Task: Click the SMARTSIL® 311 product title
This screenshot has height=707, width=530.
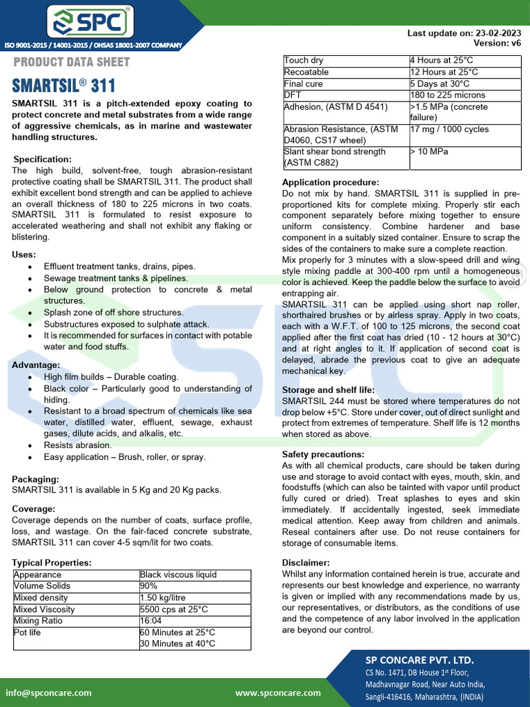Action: pyautogui.click(x=63, y=86)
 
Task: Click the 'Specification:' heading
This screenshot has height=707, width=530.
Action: pyautogui.click(x=42, y=159)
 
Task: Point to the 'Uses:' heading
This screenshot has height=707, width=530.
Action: pyautogui.click(x=24, y=255)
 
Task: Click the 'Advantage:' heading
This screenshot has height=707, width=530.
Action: pyautogui.click(x=36, y=365)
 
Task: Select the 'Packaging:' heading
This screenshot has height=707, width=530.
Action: pyautogui.click(x=35, y=478)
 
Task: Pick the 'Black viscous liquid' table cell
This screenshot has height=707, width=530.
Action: pyautogui.click(x=178, y=574)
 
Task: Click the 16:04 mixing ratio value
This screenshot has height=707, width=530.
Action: pyautogui.click(x=151, y=621)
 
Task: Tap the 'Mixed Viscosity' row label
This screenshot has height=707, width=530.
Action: pyautogui.click(x=44, y=610)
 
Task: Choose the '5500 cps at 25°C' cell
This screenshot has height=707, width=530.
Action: pyautogui.click(x=174, y=610)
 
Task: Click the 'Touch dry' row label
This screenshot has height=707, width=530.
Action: pyautogui.click(x=304, y=61)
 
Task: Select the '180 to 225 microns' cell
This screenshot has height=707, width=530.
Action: pyautogui.click(x=448, y=95)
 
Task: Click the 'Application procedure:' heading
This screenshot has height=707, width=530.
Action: pyautogui.click(x=331, y=182)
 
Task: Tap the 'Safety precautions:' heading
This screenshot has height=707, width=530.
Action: pyautogui.click(x=323, y=454)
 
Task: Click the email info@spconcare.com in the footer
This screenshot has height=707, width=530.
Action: pyautogui.click(x=48, y=693)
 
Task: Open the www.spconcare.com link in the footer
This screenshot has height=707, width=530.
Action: pyautogui.click(x=277, y=693)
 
